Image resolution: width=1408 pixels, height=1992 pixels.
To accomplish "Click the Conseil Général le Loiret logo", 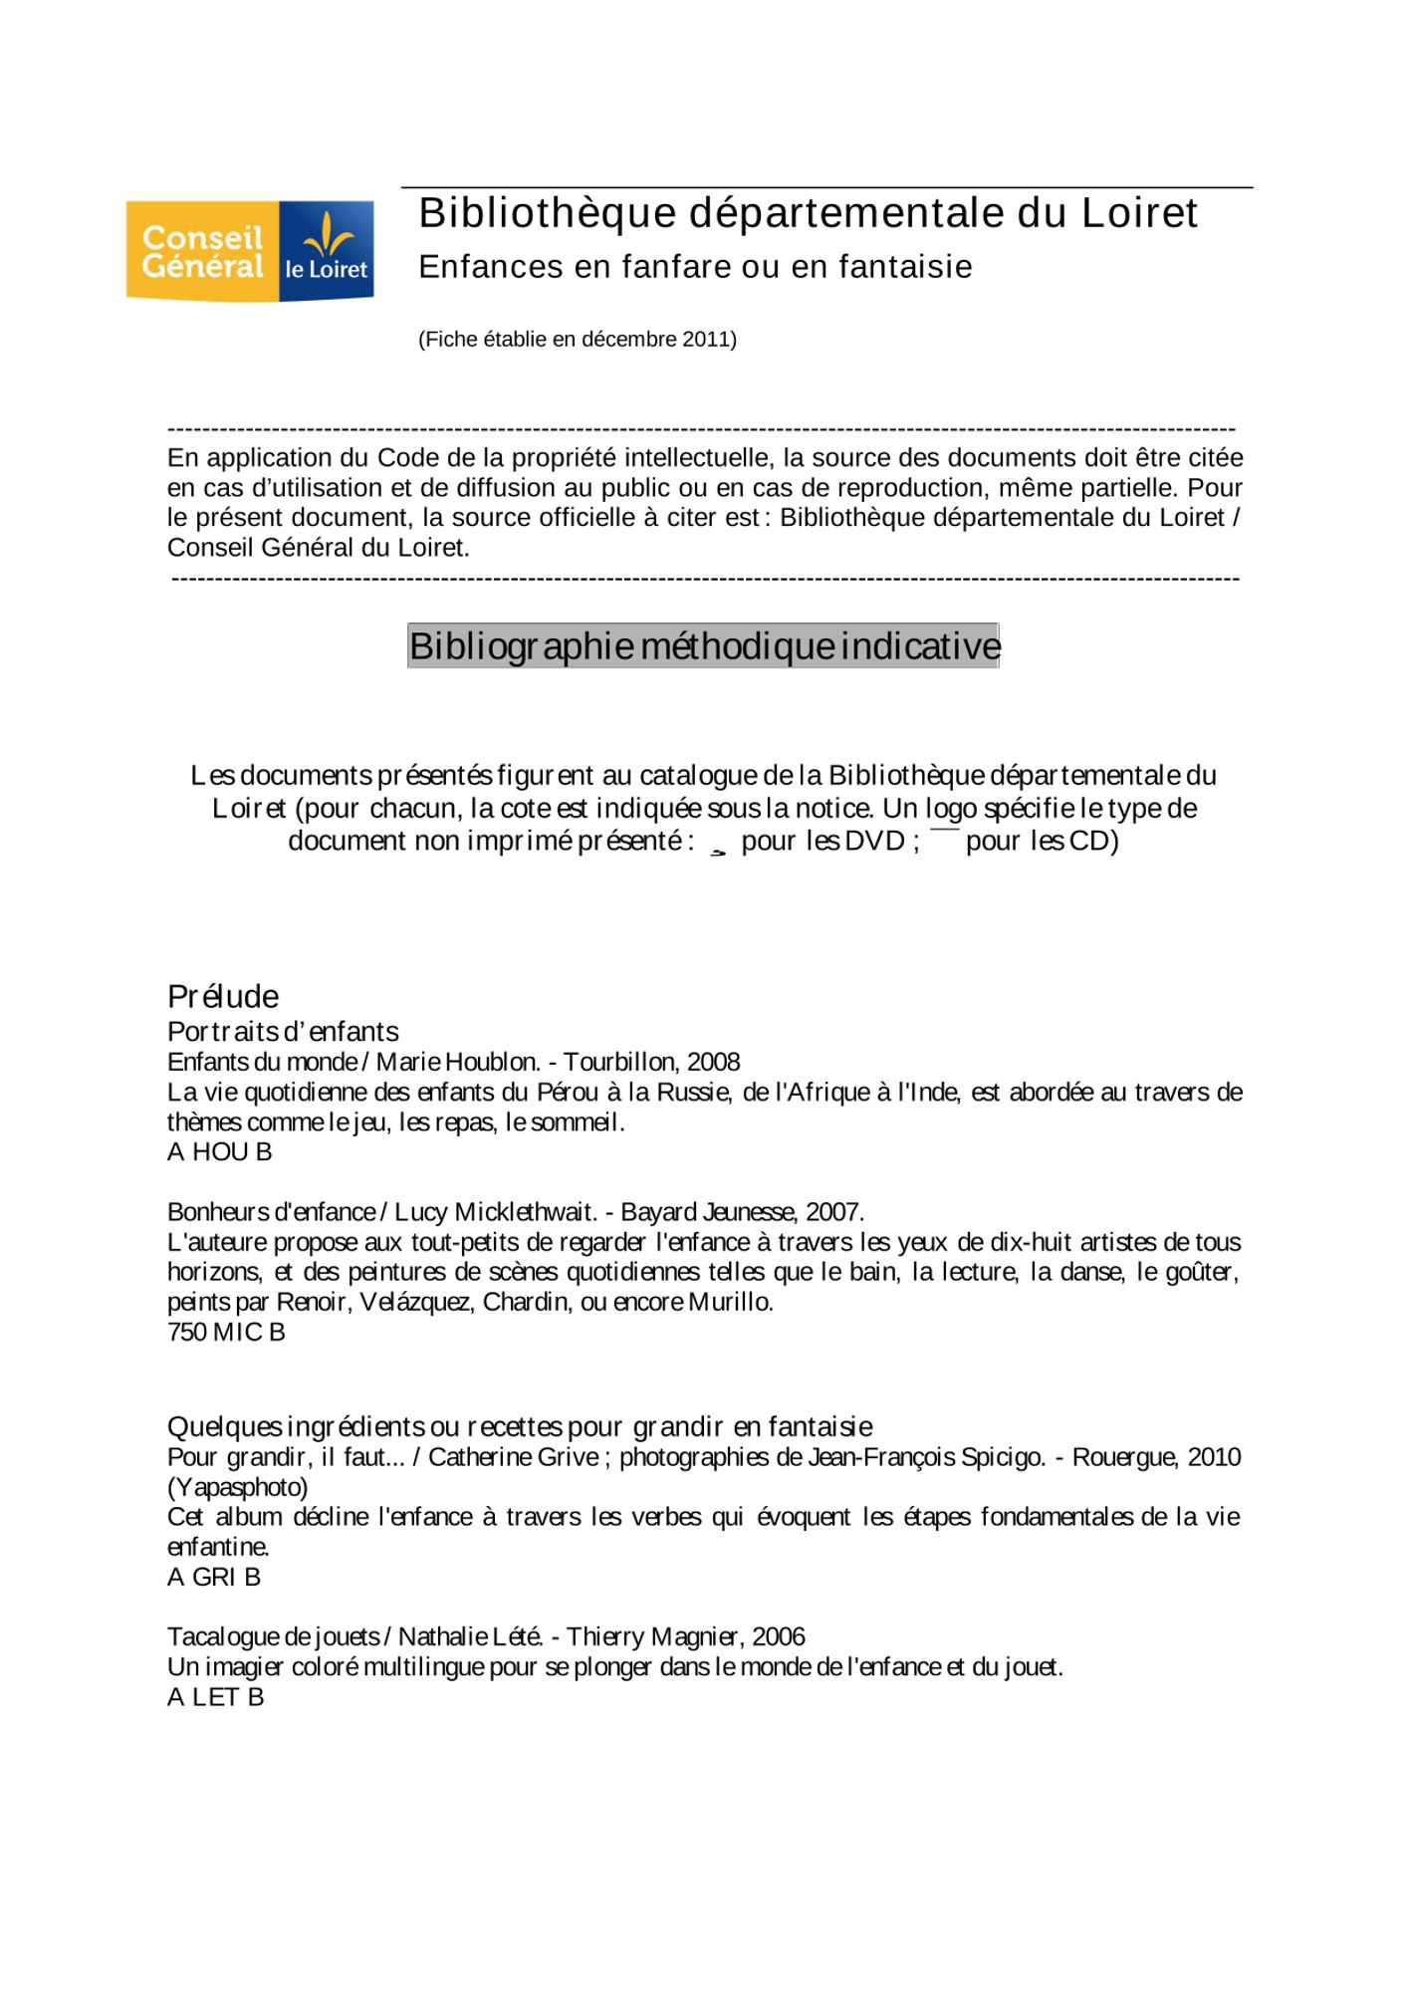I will tap(249, 251).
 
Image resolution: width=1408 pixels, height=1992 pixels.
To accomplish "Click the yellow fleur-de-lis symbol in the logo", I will tap(327, 235).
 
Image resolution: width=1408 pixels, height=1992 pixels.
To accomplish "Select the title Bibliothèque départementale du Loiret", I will tap(808, 213).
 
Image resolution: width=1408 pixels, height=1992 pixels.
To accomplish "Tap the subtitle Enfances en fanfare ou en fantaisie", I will tap(695, 267).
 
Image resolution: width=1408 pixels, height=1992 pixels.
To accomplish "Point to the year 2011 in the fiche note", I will tap(708, 340).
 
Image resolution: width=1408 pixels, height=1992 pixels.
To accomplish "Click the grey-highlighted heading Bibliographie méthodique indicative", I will tap(703, 646).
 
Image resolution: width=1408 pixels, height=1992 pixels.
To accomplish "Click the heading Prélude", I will tap(223, 996).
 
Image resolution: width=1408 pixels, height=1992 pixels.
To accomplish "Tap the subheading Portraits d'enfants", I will tap(283, 1031).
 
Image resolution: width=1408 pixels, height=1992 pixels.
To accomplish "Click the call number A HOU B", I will tap(219, 1151).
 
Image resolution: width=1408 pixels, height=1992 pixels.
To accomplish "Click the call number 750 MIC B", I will tap(226, 1332).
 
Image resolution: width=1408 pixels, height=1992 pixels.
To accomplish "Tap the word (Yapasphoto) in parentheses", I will tap(238, 1487).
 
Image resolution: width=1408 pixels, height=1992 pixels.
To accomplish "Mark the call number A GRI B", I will tap(214, 1577).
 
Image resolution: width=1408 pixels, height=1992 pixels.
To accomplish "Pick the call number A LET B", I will tap(215, 1696).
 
